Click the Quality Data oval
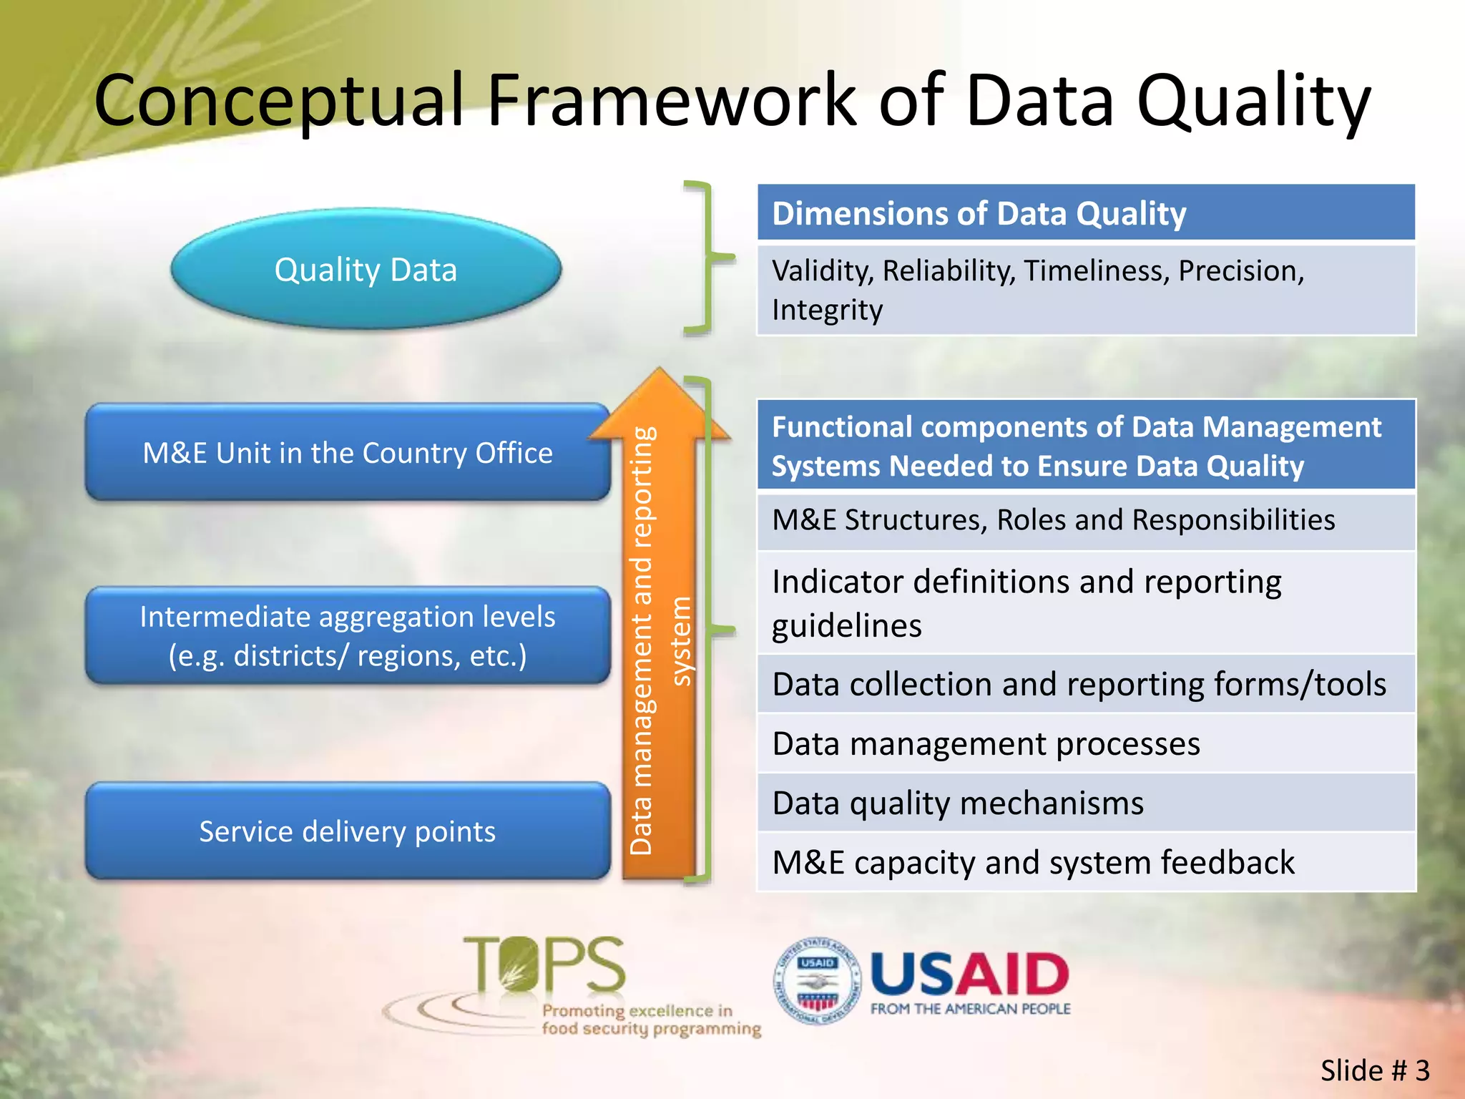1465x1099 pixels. [366, 270]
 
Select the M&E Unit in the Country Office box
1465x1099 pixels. [348, 453]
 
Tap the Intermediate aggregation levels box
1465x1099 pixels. [348, 636]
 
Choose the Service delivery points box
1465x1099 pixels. [348, 831]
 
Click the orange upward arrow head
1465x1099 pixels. [659, 404]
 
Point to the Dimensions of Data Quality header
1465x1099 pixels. [1086, 213]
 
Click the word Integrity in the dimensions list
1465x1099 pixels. [827, 311]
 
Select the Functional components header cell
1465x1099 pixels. [1086, 446]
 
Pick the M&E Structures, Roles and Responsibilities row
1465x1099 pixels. [1086, 520]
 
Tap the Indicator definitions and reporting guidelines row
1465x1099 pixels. [1086, 603]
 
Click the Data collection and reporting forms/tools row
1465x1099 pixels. [1086, 685]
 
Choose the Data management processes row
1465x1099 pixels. [1086, 744]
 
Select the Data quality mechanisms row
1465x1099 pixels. [1086, 804]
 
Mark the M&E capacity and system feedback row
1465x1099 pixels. [1086, 863]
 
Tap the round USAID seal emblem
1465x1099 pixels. [817, 981]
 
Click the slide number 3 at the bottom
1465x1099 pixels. [1422, 1071]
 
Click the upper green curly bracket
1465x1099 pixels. [707, 258]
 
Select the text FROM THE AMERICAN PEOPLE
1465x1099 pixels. [970, 1009]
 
